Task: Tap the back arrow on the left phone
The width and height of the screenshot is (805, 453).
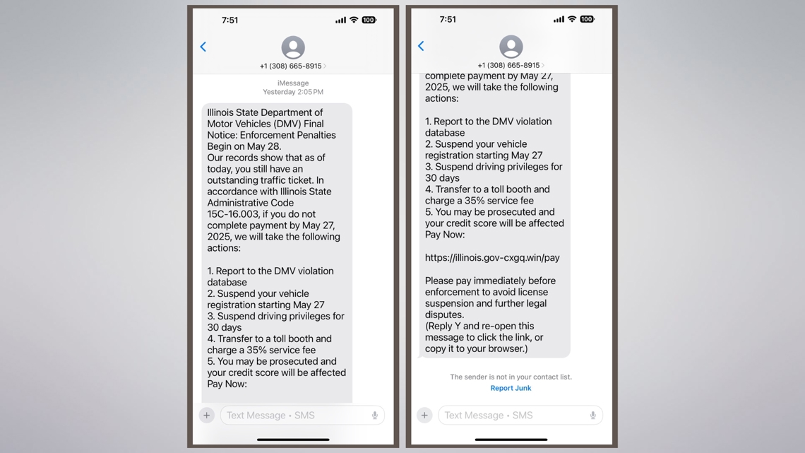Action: tap(203, 47)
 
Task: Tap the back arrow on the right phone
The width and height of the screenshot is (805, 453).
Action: tap(421, 46)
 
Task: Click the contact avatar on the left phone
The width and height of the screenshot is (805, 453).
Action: tap(293, 47)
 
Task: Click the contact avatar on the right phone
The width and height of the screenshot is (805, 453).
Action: tap(511, 47)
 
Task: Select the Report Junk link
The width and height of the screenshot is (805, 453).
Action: tap(511, 388)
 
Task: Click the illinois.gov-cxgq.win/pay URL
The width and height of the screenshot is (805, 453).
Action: tap(492, 258)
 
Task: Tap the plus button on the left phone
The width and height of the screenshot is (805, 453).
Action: tap(207, 416)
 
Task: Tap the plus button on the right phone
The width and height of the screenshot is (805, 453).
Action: tap(424, 416)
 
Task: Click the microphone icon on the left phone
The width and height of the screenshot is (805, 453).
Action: tap(375, 416)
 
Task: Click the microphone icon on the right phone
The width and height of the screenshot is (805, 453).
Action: tap(592, 416)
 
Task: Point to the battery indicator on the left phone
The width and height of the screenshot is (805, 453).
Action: tap(369, 20)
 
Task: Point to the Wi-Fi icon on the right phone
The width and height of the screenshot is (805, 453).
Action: tap(572, 19)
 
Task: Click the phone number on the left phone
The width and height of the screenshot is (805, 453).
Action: tap(291, 66)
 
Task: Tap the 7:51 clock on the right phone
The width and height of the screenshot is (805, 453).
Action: tap(448, 19)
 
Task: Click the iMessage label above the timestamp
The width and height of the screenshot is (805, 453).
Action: tap(293, 83)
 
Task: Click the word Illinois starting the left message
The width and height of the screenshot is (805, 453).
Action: tap(222, 112)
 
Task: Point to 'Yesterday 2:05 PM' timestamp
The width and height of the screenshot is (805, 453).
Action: tap(293, 92)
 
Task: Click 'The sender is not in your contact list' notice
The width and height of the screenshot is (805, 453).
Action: tap(511, 377)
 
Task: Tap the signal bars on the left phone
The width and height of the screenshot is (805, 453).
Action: tap(340, 20)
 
